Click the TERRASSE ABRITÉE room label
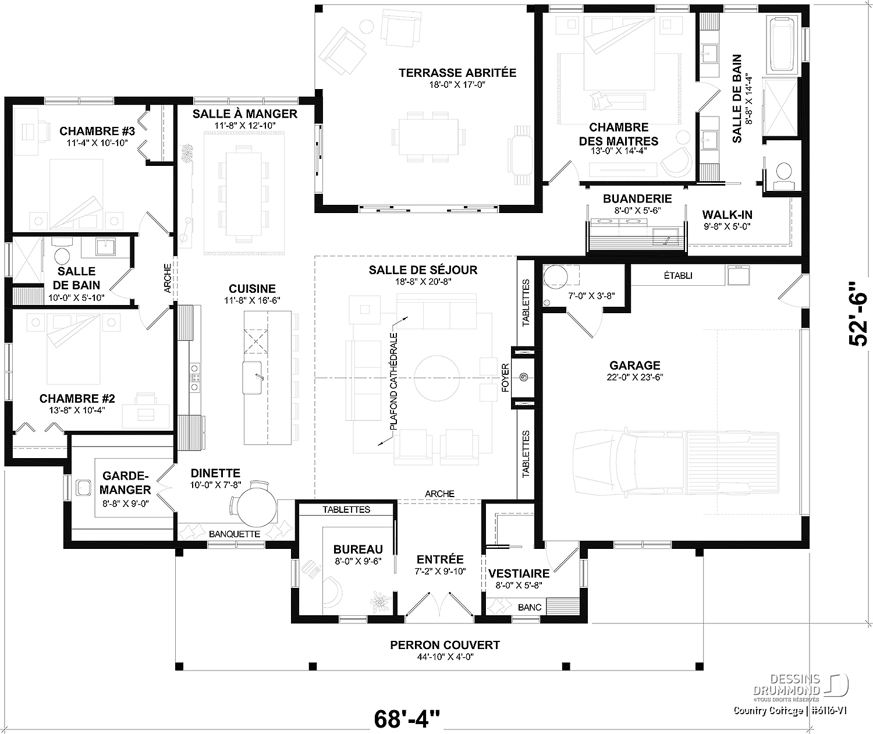(457, 73)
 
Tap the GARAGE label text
(635, 366)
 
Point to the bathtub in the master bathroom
(782, 44)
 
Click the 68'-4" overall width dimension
(407, 719)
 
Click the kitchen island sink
(253, 378)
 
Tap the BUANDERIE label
(637, 198)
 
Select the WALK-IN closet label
(727, 215)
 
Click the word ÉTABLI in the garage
(678, 276)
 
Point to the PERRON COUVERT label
(445, 645)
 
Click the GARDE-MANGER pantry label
(125, 483)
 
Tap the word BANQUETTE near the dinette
(235, 534)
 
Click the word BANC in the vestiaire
(529, 607)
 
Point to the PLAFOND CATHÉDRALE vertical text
(393, 381)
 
